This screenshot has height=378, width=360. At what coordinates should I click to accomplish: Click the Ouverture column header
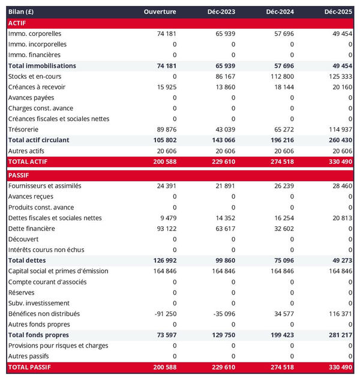tap(160, 12)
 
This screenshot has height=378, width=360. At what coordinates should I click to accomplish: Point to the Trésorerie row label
tap(25, 129)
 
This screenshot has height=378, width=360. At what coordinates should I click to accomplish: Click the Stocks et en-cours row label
tap(35, 76)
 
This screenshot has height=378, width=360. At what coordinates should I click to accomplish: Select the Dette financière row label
tap(32, 229)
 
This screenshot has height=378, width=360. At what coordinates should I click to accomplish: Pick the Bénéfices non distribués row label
tap(44, 314)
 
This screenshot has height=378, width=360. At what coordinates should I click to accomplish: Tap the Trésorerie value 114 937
tap(340, 129)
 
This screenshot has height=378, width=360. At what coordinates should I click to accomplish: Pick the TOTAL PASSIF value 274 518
tap(281, 367)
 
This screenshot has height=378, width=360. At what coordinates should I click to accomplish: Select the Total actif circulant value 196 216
tap(281, 140)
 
